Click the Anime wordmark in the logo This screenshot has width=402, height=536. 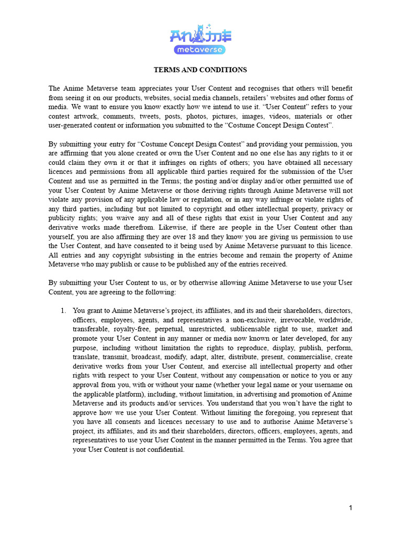pyautogui.click(x=201, y=36)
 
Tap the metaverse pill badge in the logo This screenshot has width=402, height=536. pyautogui.click(x=200, y=50)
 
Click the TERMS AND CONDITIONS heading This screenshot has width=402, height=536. pyautogui.click(x=200, y=70)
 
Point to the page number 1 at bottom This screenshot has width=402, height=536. pyautogui.click(x=351, y=508)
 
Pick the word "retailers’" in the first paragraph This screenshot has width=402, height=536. pyautogui.click(x=266, y=98)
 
